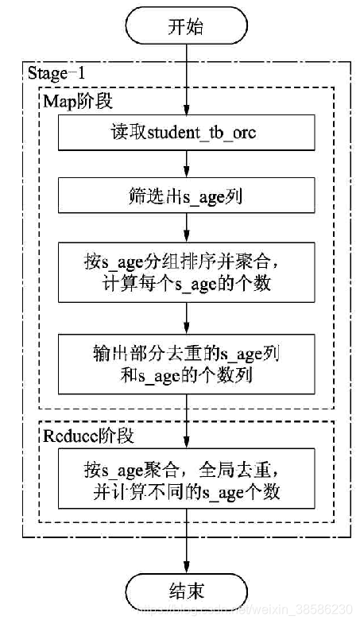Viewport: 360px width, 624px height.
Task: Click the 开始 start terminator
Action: click(x=186, y=27)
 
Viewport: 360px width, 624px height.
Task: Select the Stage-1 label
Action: click(x=56, y=73)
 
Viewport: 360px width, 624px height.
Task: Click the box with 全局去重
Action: click(x=186, y=481)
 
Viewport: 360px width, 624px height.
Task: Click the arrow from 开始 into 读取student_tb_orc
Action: click(x=186, y=79)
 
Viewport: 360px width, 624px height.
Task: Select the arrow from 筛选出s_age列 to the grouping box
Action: click(x=186, y=231)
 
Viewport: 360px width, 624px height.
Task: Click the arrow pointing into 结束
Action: click(x=186, y=552)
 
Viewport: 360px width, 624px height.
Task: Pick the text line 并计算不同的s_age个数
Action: click(x=186, y=493)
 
